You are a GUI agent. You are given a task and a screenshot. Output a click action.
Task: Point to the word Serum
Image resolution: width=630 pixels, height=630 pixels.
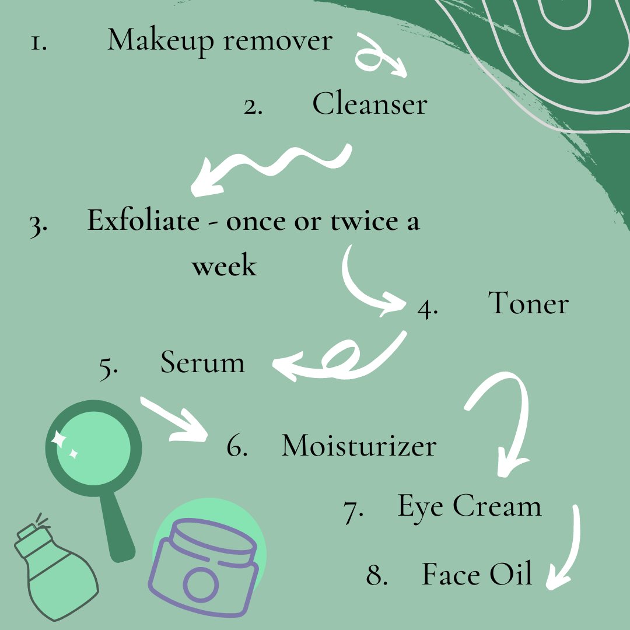(x=202, y=363)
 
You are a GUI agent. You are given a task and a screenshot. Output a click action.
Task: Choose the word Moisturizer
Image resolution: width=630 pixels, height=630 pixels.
(x=359, y=446)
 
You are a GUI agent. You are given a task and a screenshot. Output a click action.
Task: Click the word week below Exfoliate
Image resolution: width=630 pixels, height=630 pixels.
(x=225, y=266)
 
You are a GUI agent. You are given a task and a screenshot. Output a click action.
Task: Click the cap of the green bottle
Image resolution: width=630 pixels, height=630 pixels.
(x=29, y=536)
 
